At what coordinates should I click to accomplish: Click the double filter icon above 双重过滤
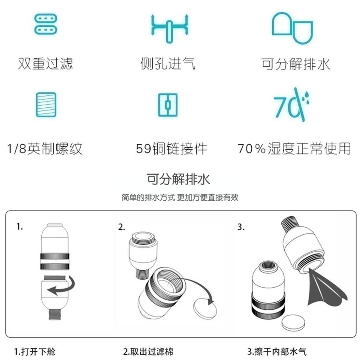46,24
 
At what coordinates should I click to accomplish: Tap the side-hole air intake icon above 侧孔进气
170,27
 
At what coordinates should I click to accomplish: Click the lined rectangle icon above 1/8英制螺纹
46,104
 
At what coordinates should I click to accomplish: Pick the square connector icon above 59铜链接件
168,105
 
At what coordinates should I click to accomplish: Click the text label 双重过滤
46,63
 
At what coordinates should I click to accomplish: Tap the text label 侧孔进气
168,63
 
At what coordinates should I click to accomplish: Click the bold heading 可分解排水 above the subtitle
179,179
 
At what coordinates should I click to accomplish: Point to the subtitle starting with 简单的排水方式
180,198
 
